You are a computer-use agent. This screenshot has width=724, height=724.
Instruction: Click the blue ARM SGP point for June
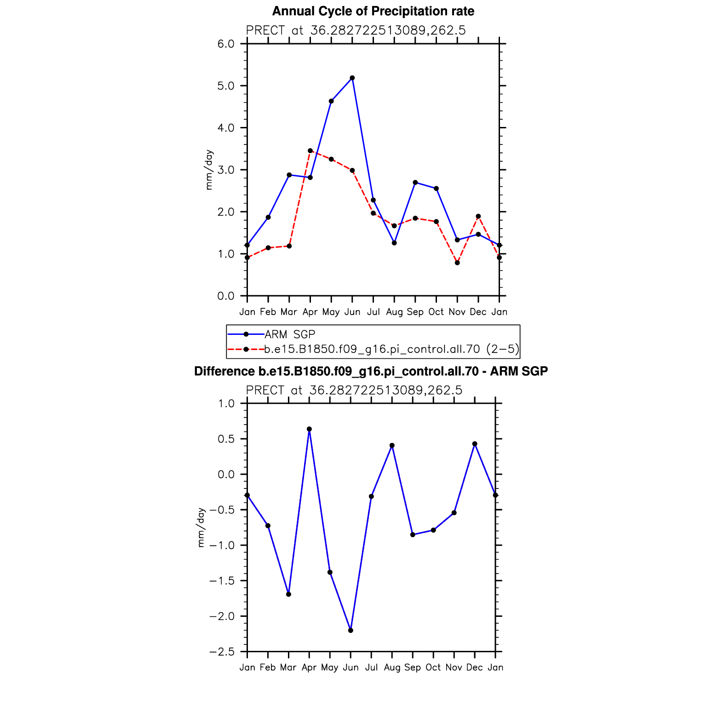352,78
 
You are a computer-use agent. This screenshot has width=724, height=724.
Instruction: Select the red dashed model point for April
310,151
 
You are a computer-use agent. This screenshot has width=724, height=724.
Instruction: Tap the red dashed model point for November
457,263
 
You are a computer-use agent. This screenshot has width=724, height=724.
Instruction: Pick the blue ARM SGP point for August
394,243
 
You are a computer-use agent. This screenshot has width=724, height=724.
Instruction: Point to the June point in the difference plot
351,631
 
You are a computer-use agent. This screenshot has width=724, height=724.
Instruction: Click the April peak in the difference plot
309,429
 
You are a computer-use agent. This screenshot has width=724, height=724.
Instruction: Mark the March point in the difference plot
288,594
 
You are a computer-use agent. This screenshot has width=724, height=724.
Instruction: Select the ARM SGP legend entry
272,334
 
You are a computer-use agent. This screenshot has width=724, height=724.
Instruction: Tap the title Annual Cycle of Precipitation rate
373,11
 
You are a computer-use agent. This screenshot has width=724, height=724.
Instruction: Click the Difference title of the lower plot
371,371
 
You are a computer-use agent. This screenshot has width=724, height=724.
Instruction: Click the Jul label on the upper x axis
373,312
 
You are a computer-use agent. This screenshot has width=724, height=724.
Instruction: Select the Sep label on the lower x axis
413,667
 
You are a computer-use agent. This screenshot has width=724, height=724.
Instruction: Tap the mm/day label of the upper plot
209,170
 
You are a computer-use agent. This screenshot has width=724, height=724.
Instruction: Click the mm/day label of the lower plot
201,528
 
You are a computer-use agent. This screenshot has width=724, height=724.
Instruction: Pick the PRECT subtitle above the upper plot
356,30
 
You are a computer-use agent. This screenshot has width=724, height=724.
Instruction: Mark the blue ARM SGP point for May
331,101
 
